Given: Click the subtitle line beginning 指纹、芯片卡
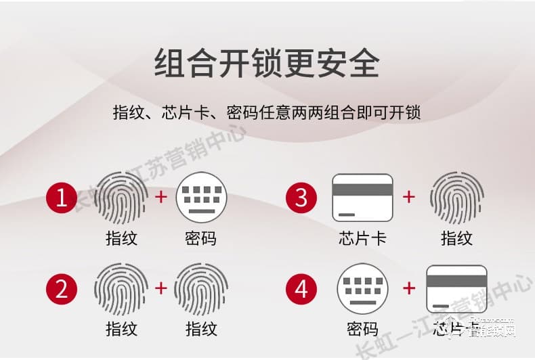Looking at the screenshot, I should tap(267, 112).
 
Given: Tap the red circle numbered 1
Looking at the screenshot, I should tap(62, 198).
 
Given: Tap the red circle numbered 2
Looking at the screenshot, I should tap(62, 290).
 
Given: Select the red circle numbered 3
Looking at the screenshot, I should tap(302, 198).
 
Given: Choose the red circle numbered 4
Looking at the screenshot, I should tap(302, 290).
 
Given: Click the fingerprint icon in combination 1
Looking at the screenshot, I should tap(121, 198).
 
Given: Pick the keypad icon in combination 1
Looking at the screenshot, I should tap(202, 198).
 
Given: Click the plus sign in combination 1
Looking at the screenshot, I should tap(161, 197).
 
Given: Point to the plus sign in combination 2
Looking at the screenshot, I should tap(161, 288).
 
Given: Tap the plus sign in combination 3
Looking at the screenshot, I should tap(409, 197).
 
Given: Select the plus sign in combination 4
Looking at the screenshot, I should tap(409, 288).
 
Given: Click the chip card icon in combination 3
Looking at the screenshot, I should tap(362, 198).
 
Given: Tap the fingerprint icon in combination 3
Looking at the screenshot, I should tap(456, 198).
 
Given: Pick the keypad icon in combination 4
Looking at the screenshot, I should tap(362, 289).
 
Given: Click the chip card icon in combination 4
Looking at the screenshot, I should tap(456, 289).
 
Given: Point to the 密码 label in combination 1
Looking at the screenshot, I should tap(201, 238).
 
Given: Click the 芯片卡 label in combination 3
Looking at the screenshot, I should tap(362, 238).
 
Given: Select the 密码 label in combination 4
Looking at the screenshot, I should tap(362, 330).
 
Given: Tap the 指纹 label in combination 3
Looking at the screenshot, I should tap(456, 238).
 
